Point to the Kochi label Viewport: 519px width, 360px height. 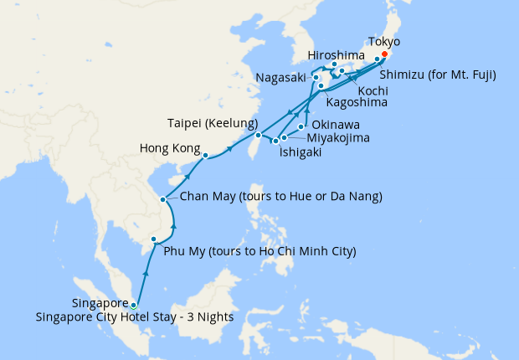[372, 90]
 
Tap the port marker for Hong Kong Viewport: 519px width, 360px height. [205, 155]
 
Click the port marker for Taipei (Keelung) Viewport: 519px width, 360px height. [259, 136]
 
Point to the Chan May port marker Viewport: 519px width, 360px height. [162, 199]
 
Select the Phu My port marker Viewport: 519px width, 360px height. [153, 240]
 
